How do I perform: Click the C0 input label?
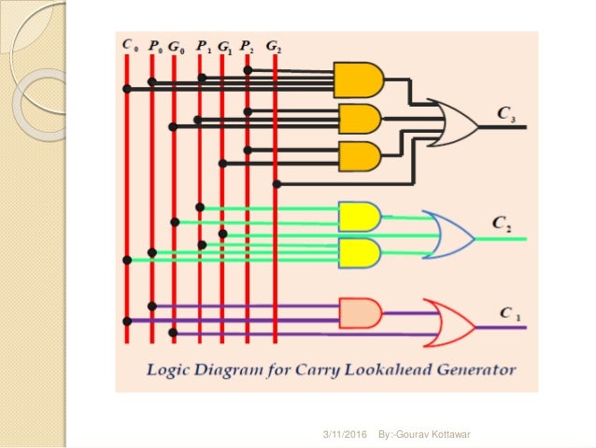pyautogui.click(x=130, y=44)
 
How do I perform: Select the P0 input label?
pyautogui.click(x=155, y=44)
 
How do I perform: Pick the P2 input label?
pyautogui.click(x=248, y=44)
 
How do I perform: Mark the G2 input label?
pyautogui.click(x=273, y=44)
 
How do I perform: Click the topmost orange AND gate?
pyautogui.click(x=359, y=80)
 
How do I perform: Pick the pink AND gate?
pyautogui.click(x=360, y=312)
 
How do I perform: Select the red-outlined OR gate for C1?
pyautogui.click(x=447, y=320)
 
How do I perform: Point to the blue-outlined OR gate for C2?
pyautogui.click(x=447, y=234)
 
